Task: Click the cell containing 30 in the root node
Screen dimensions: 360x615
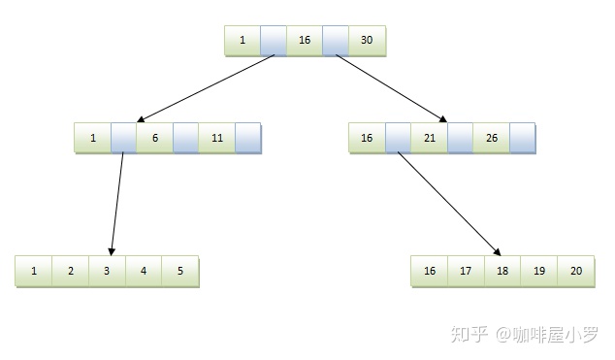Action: (367, 41)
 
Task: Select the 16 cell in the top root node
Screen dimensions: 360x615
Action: (305, 41)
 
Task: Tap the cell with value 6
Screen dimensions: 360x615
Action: (154, 138)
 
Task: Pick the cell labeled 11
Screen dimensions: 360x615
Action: (216, 138)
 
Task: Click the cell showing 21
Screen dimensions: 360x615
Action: (429, 138)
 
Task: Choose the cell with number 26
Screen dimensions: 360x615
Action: (491, 138)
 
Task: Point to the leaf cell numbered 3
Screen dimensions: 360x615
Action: (107, 271)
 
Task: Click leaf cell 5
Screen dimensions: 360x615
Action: (180, 271)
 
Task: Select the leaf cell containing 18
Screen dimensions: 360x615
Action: (502, 271)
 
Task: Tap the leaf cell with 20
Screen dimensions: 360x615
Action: (576, 271)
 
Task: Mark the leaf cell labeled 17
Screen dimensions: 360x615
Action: (466, 271)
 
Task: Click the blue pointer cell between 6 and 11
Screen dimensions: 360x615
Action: (185, 138)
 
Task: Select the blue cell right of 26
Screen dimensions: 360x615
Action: (522, 138)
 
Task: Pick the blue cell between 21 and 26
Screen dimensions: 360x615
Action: (460, 138)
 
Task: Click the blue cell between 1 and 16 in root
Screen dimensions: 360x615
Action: (274, 41)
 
